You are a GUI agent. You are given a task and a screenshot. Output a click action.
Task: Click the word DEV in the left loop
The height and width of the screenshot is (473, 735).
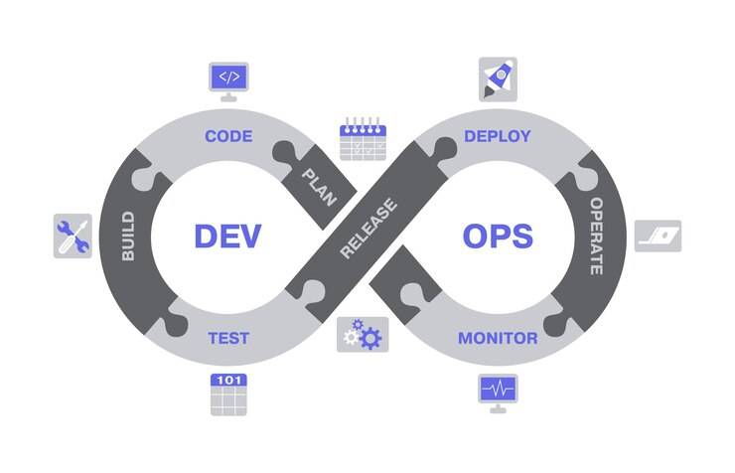coord(227,236)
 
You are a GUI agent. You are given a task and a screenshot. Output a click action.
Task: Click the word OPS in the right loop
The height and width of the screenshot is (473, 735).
coord(498,236)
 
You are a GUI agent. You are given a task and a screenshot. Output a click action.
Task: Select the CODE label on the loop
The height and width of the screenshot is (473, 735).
coord(228,136)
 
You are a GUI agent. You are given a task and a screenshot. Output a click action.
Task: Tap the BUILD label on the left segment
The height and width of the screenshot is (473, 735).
coord(128,236)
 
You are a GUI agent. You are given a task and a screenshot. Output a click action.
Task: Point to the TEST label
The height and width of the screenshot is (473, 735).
coord(227,338)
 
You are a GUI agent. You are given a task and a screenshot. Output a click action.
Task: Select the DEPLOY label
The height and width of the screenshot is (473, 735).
coord(498,136)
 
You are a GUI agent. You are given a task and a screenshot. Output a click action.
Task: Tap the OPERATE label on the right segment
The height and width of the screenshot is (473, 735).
coord(597,236)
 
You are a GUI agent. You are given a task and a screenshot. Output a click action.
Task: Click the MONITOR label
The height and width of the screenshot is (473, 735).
coord(498,338)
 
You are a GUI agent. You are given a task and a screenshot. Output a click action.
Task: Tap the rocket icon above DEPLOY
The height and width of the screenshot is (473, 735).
coord(498,78)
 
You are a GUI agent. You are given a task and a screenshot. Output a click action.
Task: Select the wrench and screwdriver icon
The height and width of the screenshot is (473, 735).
coord(73,236)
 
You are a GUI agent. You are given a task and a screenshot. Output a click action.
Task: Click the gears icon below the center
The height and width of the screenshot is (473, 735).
coord(362,335)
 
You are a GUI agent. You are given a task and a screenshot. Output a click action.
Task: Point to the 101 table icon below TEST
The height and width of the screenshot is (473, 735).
coord(228,394)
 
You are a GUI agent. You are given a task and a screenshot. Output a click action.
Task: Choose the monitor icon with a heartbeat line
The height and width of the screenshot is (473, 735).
coord(498,392)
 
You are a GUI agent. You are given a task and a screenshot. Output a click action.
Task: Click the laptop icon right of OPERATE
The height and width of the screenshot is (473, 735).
coord(658,236)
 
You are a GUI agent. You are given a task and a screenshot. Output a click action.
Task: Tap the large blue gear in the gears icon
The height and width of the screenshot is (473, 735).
coord(369,338)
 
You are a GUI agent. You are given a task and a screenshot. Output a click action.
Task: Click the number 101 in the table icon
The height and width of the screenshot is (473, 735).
coord(228,381)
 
